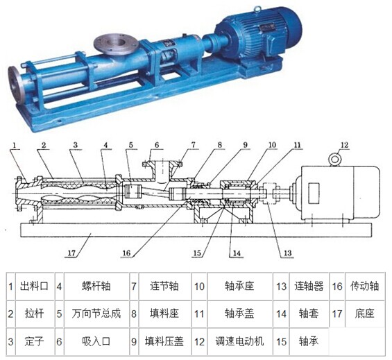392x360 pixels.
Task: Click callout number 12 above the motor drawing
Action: [x=345, y=145]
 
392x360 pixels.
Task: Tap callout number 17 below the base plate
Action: [x=71, y=253]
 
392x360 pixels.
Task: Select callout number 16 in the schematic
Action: [x=126, y=253]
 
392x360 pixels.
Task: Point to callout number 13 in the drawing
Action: [x=287, y=253]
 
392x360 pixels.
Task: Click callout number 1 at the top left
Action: [x=15, y=145]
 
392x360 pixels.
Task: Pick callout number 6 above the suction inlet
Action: [x=157, y=145]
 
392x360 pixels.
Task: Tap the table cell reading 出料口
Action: [x=34, y=286]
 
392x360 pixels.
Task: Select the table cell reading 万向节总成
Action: [x=96, y=314]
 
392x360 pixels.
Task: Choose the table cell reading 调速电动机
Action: [x=239, y=341]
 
